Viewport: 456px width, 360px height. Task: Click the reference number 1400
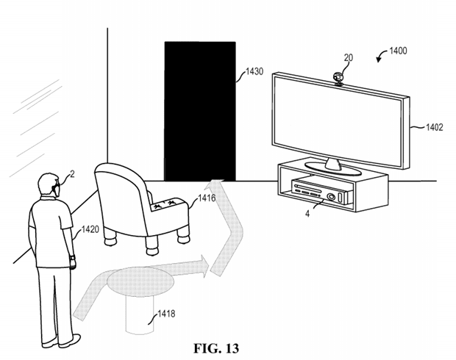(398, 51)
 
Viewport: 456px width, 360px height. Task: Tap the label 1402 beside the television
(435, 127)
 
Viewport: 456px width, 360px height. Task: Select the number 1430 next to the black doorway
(254, 71)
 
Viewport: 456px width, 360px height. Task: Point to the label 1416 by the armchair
(207, 198)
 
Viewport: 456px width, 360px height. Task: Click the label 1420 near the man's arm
(90, 229)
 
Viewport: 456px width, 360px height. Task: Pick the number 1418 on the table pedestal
(166, 314)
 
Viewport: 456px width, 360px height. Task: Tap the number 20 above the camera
(349, 58)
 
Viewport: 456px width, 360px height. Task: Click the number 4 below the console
(307, 214)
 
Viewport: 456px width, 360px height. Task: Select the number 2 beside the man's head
(72, 173)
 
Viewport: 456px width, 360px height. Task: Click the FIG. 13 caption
(216, 348)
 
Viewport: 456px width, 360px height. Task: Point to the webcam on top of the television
(338, 79)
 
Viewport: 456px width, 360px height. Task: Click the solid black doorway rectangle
(200, 111)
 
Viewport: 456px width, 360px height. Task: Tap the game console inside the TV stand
(322, 190)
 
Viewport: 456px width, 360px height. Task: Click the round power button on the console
(331, 197)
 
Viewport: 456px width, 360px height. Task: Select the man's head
(49, 185)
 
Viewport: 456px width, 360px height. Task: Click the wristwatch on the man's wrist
(72, 257)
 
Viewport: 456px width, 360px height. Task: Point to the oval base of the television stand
(333, 169)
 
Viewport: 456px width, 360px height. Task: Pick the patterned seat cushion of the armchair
(166, 204)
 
